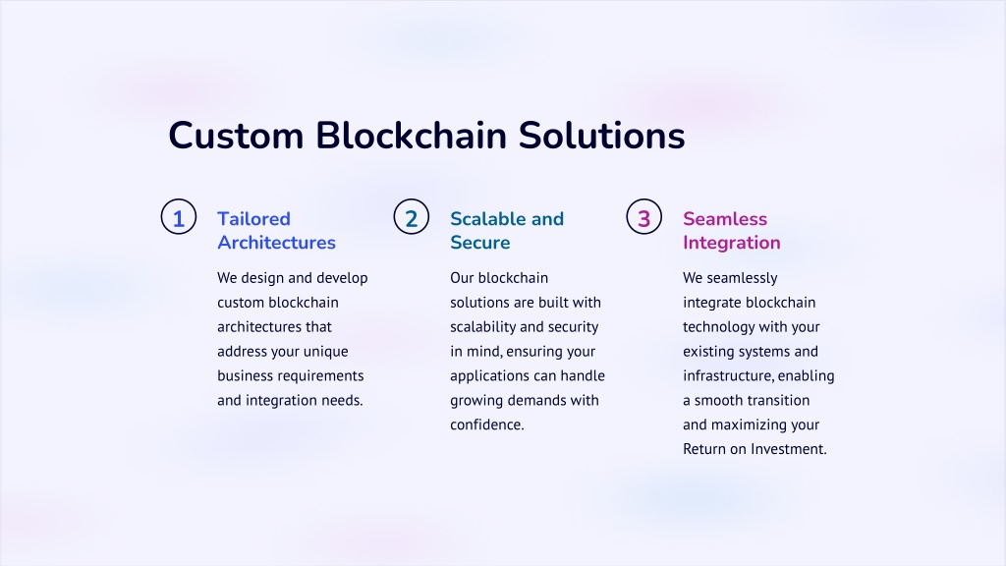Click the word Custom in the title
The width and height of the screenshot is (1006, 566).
coord(236,136)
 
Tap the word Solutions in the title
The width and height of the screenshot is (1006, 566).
coord(601,136)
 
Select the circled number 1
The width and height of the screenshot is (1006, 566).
coord(179,217)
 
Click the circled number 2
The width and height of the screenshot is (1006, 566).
coord(412,217)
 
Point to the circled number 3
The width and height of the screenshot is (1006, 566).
coord(644,217)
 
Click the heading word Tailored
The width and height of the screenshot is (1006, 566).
coord(253,219)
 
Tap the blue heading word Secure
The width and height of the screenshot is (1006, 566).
coord(479,243)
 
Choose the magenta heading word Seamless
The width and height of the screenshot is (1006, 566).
coord(725,219)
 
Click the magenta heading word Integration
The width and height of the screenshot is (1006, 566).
coord(731,243)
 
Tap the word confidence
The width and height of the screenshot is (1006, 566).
coord(487,424)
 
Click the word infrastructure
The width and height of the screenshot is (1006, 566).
coord(728,376)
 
